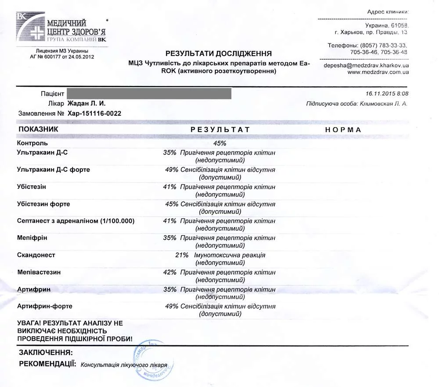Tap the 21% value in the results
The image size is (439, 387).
coord(182,255)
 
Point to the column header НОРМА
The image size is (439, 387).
coord(343,130)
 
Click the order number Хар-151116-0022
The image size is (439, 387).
coord(94,114)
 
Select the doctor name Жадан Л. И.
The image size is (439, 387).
coord(86,103)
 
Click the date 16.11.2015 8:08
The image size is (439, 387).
coord(387,94)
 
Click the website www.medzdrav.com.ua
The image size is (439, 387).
coord(378,72)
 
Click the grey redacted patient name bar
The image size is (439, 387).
coord(149,93)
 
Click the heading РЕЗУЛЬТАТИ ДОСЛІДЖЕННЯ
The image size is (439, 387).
coord(219,53)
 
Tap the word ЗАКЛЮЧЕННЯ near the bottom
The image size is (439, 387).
coord(46,352)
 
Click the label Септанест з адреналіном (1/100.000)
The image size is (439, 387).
coord(76,221)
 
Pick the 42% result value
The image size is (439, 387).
coord(169,272)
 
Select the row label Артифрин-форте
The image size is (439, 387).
coord(44,306)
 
